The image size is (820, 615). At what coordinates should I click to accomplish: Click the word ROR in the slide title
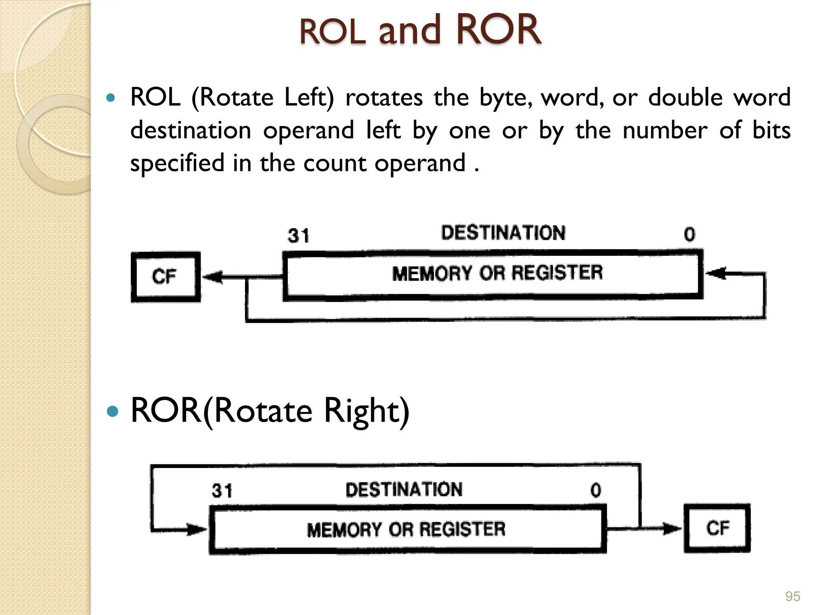(x=498, y=30)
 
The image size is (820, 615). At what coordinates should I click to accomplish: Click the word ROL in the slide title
(x=332, y=32)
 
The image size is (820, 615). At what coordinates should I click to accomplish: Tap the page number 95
(x=792, y=597)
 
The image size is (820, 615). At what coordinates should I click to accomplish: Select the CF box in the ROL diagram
(x=165, y=277)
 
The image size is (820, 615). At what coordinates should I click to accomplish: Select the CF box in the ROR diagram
(x=717, y=528)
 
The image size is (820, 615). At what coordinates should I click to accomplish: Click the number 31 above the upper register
(x=299, y=236)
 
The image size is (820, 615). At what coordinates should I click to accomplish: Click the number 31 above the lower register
(x=222, y=491)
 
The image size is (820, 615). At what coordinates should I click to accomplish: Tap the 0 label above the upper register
(x=689, y=235)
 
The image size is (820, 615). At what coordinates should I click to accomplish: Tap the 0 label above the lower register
(x=596, y=490)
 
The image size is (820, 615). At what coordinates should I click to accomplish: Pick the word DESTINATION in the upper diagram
(x=503, y=233)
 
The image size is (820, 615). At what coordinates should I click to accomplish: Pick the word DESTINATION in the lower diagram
(x=404, y=490)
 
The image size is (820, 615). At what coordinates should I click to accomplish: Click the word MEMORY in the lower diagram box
(x=344, y=530)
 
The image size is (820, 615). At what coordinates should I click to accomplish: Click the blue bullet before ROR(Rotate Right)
(x=113, y=411)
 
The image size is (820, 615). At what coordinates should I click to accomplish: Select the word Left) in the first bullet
(x=308, y=97)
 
